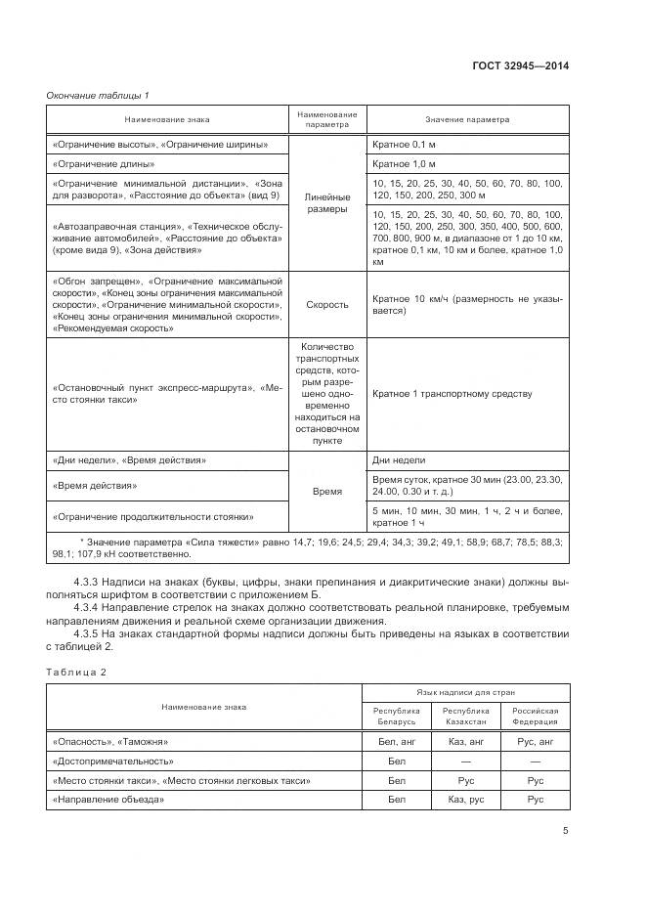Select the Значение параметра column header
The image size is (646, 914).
(x=466, y=120)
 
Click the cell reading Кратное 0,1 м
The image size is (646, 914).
(x=404, y=145)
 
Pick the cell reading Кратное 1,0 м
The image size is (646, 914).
(x=404, y=163)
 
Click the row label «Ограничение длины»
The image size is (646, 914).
(x=100, y=163)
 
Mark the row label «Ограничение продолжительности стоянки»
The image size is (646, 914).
(x=153, y=516)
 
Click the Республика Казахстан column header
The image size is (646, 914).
(x=465, y=716)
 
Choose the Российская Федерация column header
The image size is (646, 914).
(x=535, y=716)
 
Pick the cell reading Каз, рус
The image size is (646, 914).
(x=465, y=800)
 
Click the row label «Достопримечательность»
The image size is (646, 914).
(x=113, y=760)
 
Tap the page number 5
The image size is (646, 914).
(x=565, y=832)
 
